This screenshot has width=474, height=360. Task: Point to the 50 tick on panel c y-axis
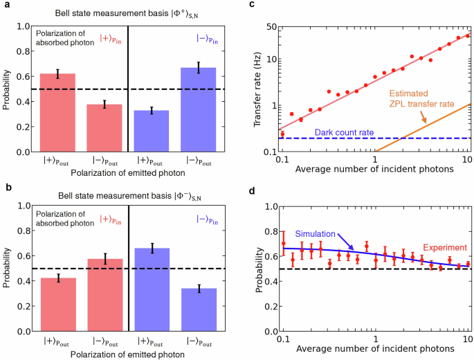coord(270,26)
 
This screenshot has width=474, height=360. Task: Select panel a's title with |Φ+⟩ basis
coord(128,12)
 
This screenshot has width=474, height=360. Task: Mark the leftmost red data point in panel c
coord(282,134)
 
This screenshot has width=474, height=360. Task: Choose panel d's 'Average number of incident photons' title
coord(374,352)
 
